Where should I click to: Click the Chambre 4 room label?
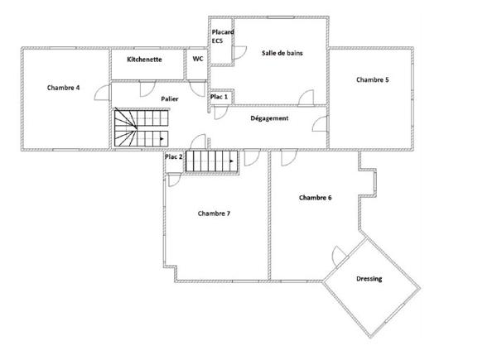64,88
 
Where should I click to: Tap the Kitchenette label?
144,60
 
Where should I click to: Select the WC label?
198,59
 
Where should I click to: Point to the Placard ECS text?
223,36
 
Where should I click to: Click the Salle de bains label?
282,53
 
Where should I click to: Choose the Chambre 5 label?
373,79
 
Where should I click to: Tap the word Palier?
170,98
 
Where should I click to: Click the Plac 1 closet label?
219,97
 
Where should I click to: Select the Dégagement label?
269,118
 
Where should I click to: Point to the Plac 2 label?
173,156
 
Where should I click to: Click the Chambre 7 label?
214,214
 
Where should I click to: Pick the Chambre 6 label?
316,198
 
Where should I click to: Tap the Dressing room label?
369,279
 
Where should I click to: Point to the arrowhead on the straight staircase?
232,161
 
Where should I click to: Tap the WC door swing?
197,89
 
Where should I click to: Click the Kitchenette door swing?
147,89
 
